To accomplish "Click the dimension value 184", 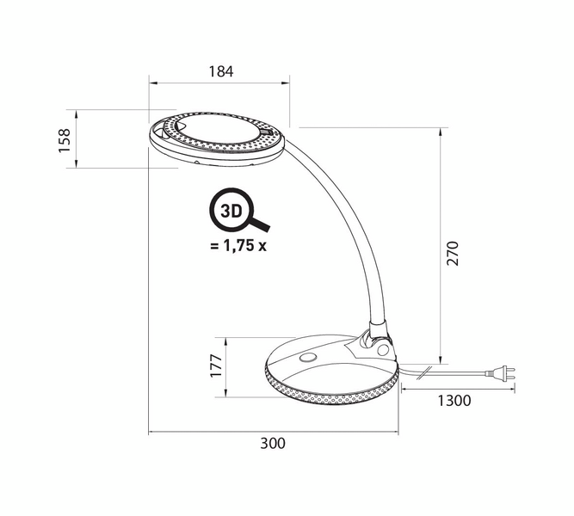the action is click(x=221, y=71).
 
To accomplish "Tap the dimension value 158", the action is click(x=64, y=140).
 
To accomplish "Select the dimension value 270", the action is click(x=453, y=253).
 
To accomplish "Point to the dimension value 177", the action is click(x=216, y=366).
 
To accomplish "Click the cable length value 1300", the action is click(x=454, y=401).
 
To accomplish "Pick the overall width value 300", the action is click(x=273, y=443).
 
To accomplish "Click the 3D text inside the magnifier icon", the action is click(x=231, y=212).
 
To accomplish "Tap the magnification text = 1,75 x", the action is click(x=238, y=246).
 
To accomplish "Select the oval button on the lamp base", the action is click(x=308, y=358).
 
